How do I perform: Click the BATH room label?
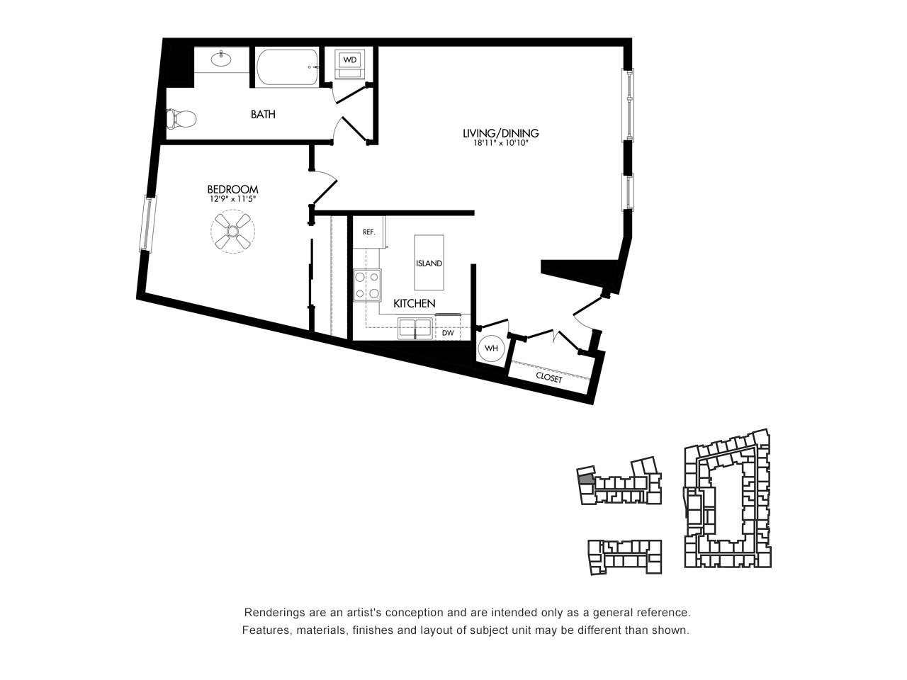click(x=263, y=114)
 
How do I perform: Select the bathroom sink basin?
click(x=222, y=59)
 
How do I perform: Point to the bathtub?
click(x=288, y=67)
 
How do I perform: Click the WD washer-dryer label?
click(x=349, y=60)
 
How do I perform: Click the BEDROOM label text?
click(x=232, y=190)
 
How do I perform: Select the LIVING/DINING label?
click(x=501, y=133)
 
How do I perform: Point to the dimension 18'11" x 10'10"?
click(x=501, y=144)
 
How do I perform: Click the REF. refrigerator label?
click(x=369, y=232)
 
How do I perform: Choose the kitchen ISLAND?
click(x=429, y=263)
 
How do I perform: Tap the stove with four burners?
click(x=367, y=285)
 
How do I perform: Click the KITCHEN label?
click(x=415, y=304)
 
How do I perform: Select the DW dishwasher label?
click(x=448, y=333)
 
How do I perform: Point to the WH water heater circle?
click(x=491, y=348)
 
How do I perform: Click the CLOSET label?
click(x=549, y=378)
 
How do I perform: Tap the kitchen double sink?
click(x=415, y=329)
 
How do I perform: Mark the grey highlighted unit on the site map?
click(x=586, y=480)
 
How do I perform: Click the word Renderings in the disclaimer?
click(x=271, y=612)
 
